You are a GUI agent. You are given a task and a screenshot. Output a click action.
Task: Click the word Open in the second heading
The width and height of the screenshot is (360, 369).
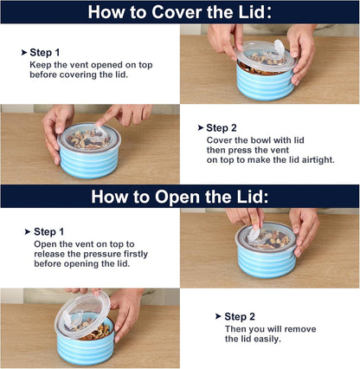pyautogui.click(x=177, y=197)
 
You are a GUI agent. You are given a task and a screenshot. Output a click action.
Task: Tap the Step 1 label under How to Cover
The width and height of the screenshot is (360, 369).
pyautogui.click(x=45, y=53)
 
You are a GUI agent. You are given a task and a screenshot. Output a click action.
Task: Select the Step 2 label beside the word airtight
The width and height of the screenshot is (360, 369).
pyautogui.click(x=222, y=128)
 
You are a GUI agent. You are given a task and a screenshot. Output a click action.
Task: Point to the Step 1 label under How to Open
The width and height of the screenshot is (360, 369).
pyautogui.click(x=48, y=231)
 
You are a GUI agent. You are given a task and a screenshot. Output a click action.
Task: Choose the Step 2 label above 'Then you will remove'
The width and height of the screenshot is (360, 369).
pyautogui.click(x=240, y=316)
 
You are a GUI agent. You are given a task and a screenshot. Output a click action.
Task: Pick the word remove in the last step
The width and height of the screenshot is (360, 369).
pyautogui.click(x=300, y=329)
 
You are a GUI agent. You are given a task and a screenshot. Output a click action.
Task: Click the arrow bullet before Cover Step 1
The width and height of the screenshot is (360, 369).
pyautogui.click(x=24, y=53)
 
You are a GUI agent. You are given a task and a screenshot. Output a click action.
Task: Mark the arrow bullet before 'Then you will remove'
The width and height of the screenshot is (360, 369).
pyautogui.click(x=218, y=316)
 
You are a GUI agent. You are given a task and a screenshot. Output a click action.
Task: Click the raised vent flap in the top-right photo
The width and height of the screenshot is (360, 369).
pyautogui.click(x=279, y=48)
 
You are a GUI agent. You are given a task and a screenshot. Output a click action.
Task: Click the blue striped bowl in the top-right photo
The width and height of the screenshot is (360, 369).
pyautogui.click(x=265, y=81)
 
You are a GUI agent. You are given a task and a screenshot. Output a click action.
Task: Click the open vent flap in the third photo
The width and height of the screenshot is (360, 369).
pyautogui.click(x=254, y=235)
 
